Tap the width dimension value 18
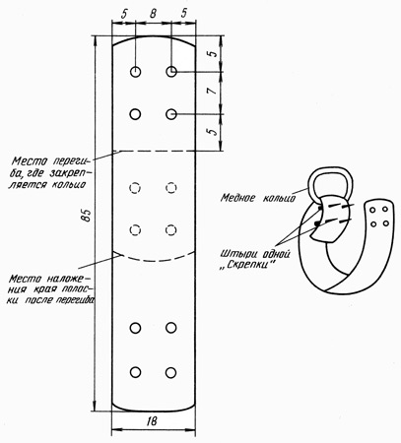coord(153,421)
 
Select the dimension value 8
coord(153,13)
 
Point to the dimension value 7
coord(214,91)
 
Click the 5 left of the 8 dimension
coord(124,14)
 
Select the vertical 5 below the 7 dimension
coord(214,131)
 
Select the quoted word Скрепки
coord(246,265)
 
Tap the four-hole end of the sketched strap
coord(379,217)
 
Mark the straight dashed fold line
coord(154,152)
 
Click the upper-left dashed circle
coord(135,188)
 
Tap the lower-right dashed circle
coord(170,230)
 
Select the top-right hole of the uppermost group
coord(171,71)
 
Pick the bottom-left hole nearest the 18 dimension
coord(135,372)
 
